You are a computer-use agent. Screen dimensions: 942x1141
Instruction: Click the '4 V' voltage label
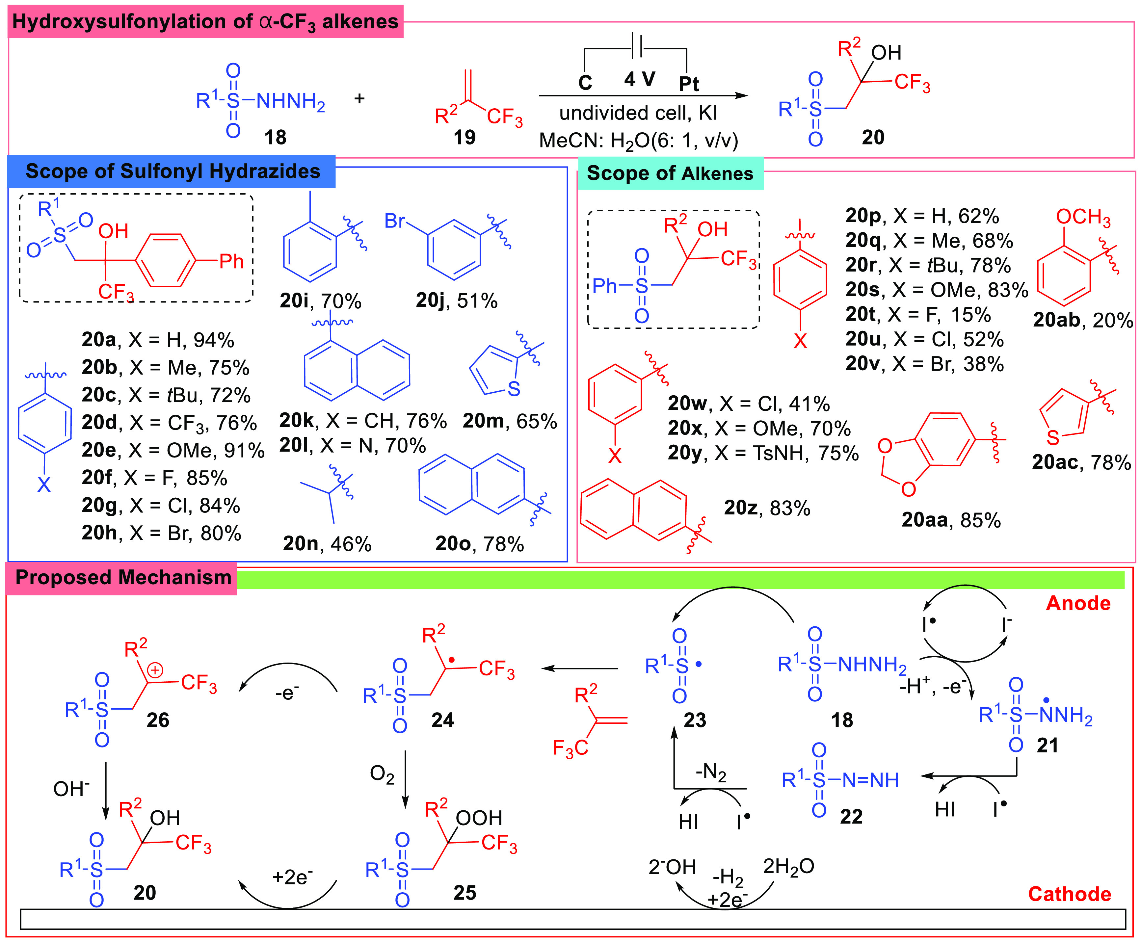(639, 79)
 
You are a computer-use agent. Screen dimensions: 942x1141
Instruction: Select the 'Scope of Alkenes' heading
(670, 174)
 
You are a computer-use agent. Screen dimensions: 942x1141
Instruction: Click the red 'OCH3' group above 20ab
(1083, 217)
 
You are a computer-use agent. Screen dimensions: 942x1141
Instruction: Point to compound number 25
(464, 893)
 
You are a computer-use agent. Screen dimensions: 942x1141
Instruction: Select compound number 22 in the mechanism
(851, 817)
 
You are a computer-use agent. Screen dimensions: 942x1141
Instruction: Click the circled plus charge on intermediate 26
(155, 671)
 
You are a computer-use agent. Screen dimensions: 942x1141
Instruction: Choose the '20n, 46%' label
(327, 544)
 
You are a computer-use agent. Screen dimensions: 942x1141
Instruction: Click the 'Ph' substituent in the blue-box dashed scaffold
(231, 262)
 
